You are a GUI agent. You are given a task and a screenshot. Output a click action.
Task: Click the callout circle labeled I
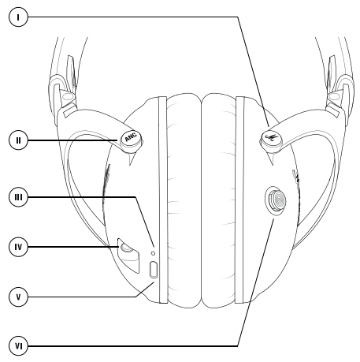tap(18, 17)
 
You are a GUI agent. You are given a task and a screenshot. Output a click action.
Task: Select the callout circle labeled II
tap(18, 140)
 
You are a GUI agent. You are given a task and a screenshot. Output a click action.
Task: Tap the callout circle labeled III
tap(18, 197)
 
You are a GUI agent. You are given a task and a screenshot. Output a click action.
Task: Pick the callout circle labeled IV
tap(18, 247)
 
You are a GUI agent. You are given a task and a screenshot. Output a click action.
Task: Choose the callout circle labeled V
tap(18, 297)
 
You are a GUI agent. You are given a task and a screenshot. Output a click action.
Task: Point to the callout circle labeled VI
tap(18, 346)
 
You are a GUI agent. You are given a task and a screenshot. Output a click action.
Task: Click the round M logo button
tap(271, 138)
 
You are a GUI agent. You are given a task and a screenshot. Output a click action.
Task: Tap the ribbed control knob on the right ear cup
tap(276, 200)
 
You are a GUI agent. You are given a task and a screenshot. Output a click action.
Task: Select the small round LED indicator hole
tap(154, 253)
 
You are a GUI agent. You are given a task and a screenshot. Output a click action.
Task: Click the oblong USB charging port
tap(154, 270)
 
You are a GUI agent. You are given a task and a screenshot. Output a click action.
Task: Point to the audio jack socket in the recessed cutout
tap(125, 248)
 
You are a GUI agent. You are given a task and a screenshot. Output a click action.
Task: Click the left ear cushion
tap(184, 200)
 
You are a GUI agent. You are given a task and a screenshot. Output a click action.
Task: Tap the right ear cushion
tap(219, 200)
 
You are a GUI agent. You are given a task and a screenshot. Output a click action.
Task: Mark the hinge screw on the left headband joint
tap(68, 96)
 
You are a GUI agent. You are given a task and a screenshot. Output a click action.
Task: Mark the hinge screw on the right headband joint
tap(335, 96)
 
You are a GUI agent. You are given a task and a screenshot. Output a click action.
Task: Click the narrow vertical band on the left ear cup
tap(163, 200)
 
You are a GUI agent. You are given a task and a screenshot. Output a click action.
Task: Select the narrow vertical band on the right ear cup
tap(239, 200)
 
